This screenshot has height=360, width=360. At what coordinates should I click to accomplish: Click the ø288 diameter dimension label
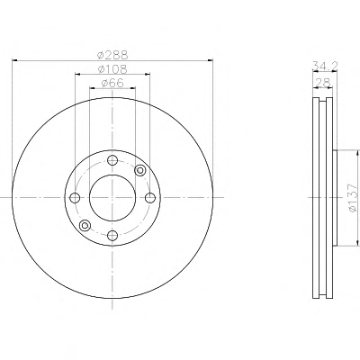[x=112, y=55]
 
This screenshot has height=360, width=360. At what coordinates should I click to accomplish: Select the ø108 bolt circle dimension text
[x=112, y=69]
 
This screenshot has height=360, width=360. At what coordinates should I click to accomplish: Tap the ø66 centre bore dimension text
[x=112, y=83]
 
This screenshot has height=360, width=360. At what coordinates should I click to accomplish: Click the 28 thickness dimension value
[x=323, y=82]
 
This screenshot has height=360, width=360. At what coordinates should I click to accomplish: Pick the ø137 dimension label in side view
[x=354, y=198]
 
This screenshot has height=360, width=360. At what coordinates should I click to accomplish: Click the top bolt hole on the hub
[x=112, y=160]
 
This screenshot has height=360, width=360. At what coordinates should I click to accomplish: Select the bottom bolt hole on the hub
[x=112, y=235]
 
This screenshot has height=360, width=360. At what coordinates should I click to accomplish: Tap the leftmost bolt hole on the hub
[x=75, y=198]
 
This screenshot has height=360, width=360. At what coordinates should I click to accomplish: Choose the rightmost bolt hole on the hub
[x=150, y=198]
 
